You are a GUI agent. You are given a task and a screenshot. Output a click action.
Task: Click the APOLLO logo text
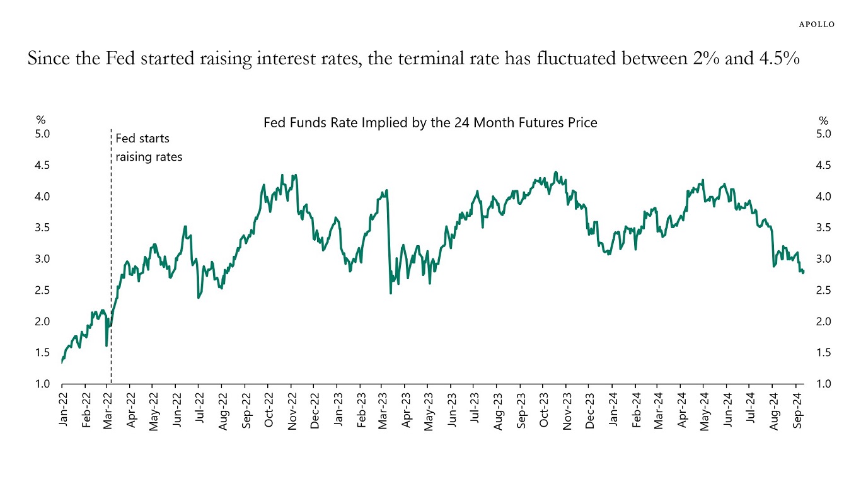(817, 24)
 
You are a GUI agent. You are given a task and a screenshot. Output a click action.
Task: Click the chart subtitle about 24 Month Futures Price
(430, 123)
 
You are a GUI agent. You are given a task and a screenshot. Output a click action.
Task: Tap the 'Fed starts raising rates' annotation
(149, 147)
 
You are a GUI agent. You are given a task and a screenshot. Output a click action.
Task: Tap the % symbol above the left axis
(40, 120)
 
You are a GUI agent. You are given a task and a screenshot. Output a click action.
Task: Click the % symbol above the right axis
(823, 120)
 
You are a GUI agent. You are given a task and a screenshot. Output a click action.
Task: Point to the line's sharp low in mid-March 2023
(391, 293)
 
